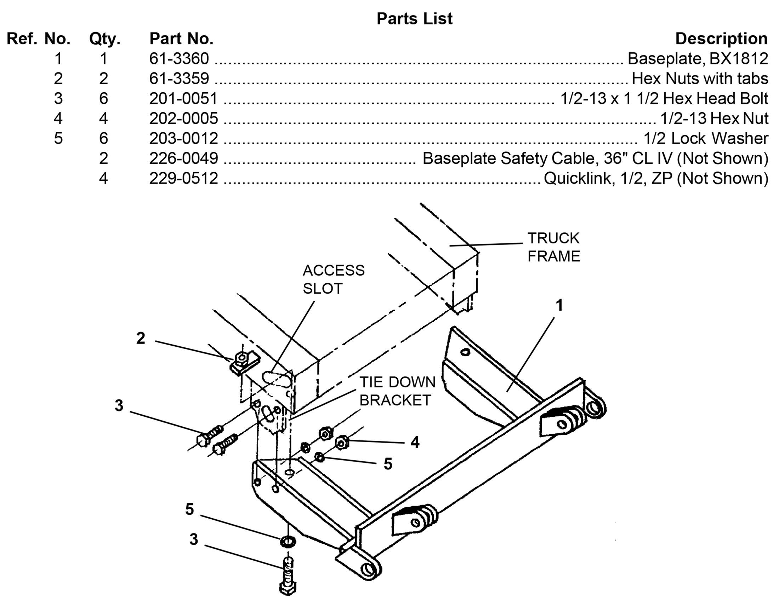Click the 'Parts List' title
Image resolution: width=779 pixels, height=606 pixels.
[x=415, y=18]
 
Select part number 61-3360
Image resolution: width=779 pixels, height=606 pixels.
[x=179, y=58]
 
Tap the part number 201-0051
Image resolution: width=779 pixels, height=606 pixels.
[x=183, y=98]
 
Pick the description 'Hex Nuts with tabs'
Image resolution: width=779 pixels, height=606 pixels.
[x=699, y=79]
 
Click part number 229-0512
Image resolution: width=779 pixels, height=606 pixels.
[x=183, y=178]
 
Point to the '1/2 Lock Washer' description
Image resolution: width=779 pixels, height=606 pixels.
[x=705, y=138]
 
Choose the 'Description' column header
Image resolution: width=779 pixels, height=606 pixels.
[x=721, y=39]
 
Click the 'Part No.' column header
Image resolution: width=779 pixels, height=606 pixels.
[x=181, y=39]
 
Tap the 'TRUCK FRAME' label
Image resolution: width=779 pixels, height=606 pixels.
[x=553, y=247]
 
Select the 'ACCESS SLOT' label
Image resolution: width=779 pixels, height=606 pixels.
[x=334, y=279]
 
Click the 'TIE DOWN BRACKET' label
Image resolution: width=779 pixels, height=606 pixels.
[x=397, y=391]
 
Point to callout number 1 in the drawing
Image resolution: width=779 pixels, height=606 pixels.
[x=559, y=305]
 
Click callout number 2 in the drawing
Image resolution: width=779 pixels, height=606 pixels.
[x=141, y=338]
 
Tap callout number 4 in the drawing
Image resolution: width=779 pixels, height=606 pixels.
[x=415, y=442]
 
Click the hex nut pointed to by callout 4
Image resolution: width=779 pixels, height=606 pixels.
[x=342, y=442]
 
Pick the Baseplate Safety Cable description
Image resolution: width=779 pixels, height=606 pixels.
[x=595, y=158]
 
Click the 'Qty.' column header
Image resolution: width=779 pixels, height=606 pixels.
[x=104, y=39]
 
